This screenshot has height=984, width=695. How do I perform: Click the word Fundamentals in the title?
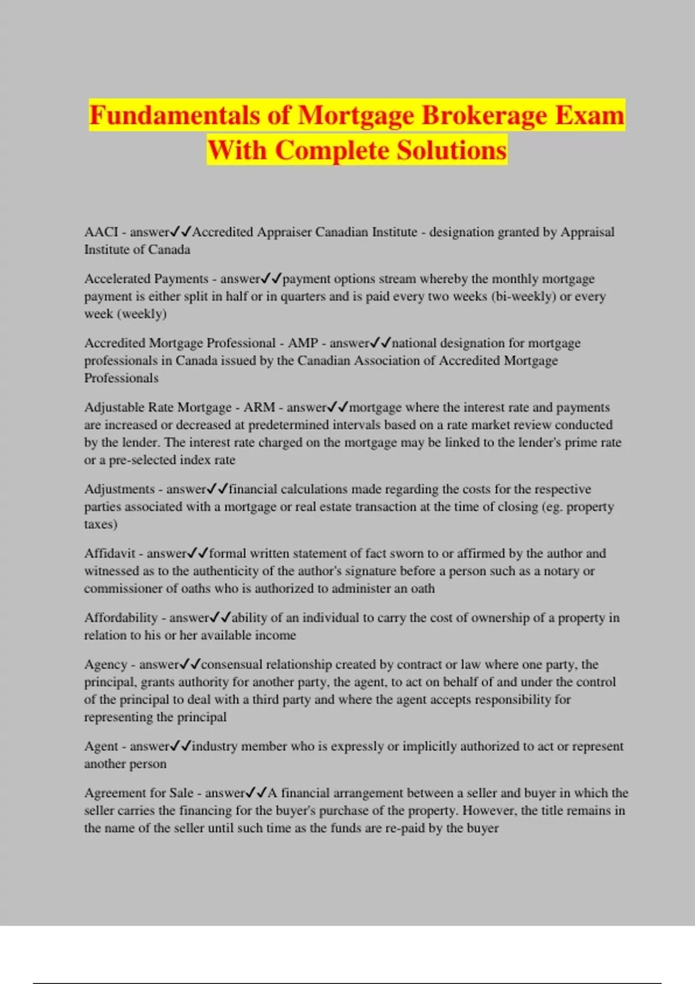click(174, 116)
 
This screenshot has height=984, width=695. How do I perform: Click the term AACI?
click(101, 232)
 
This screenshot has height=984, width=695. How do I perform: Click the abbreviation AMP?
click(303, 343)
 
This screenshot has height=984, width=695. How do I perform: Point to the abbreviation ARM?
click(259, 407)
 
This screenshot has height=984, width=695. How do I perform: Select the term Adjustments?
click(119, 489)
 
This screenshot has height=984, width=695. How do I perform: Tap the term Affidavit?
click(109, 553)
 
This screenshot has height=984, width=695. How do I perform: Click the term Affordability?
click(120, 618)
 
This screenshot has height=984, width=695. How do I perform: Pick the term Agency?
click(105, 664)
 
